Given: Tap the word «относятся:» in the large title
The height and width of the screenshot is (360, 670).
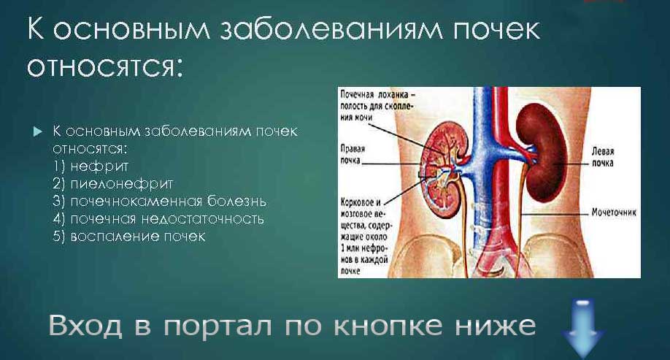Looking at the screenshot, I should point(103,67).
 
